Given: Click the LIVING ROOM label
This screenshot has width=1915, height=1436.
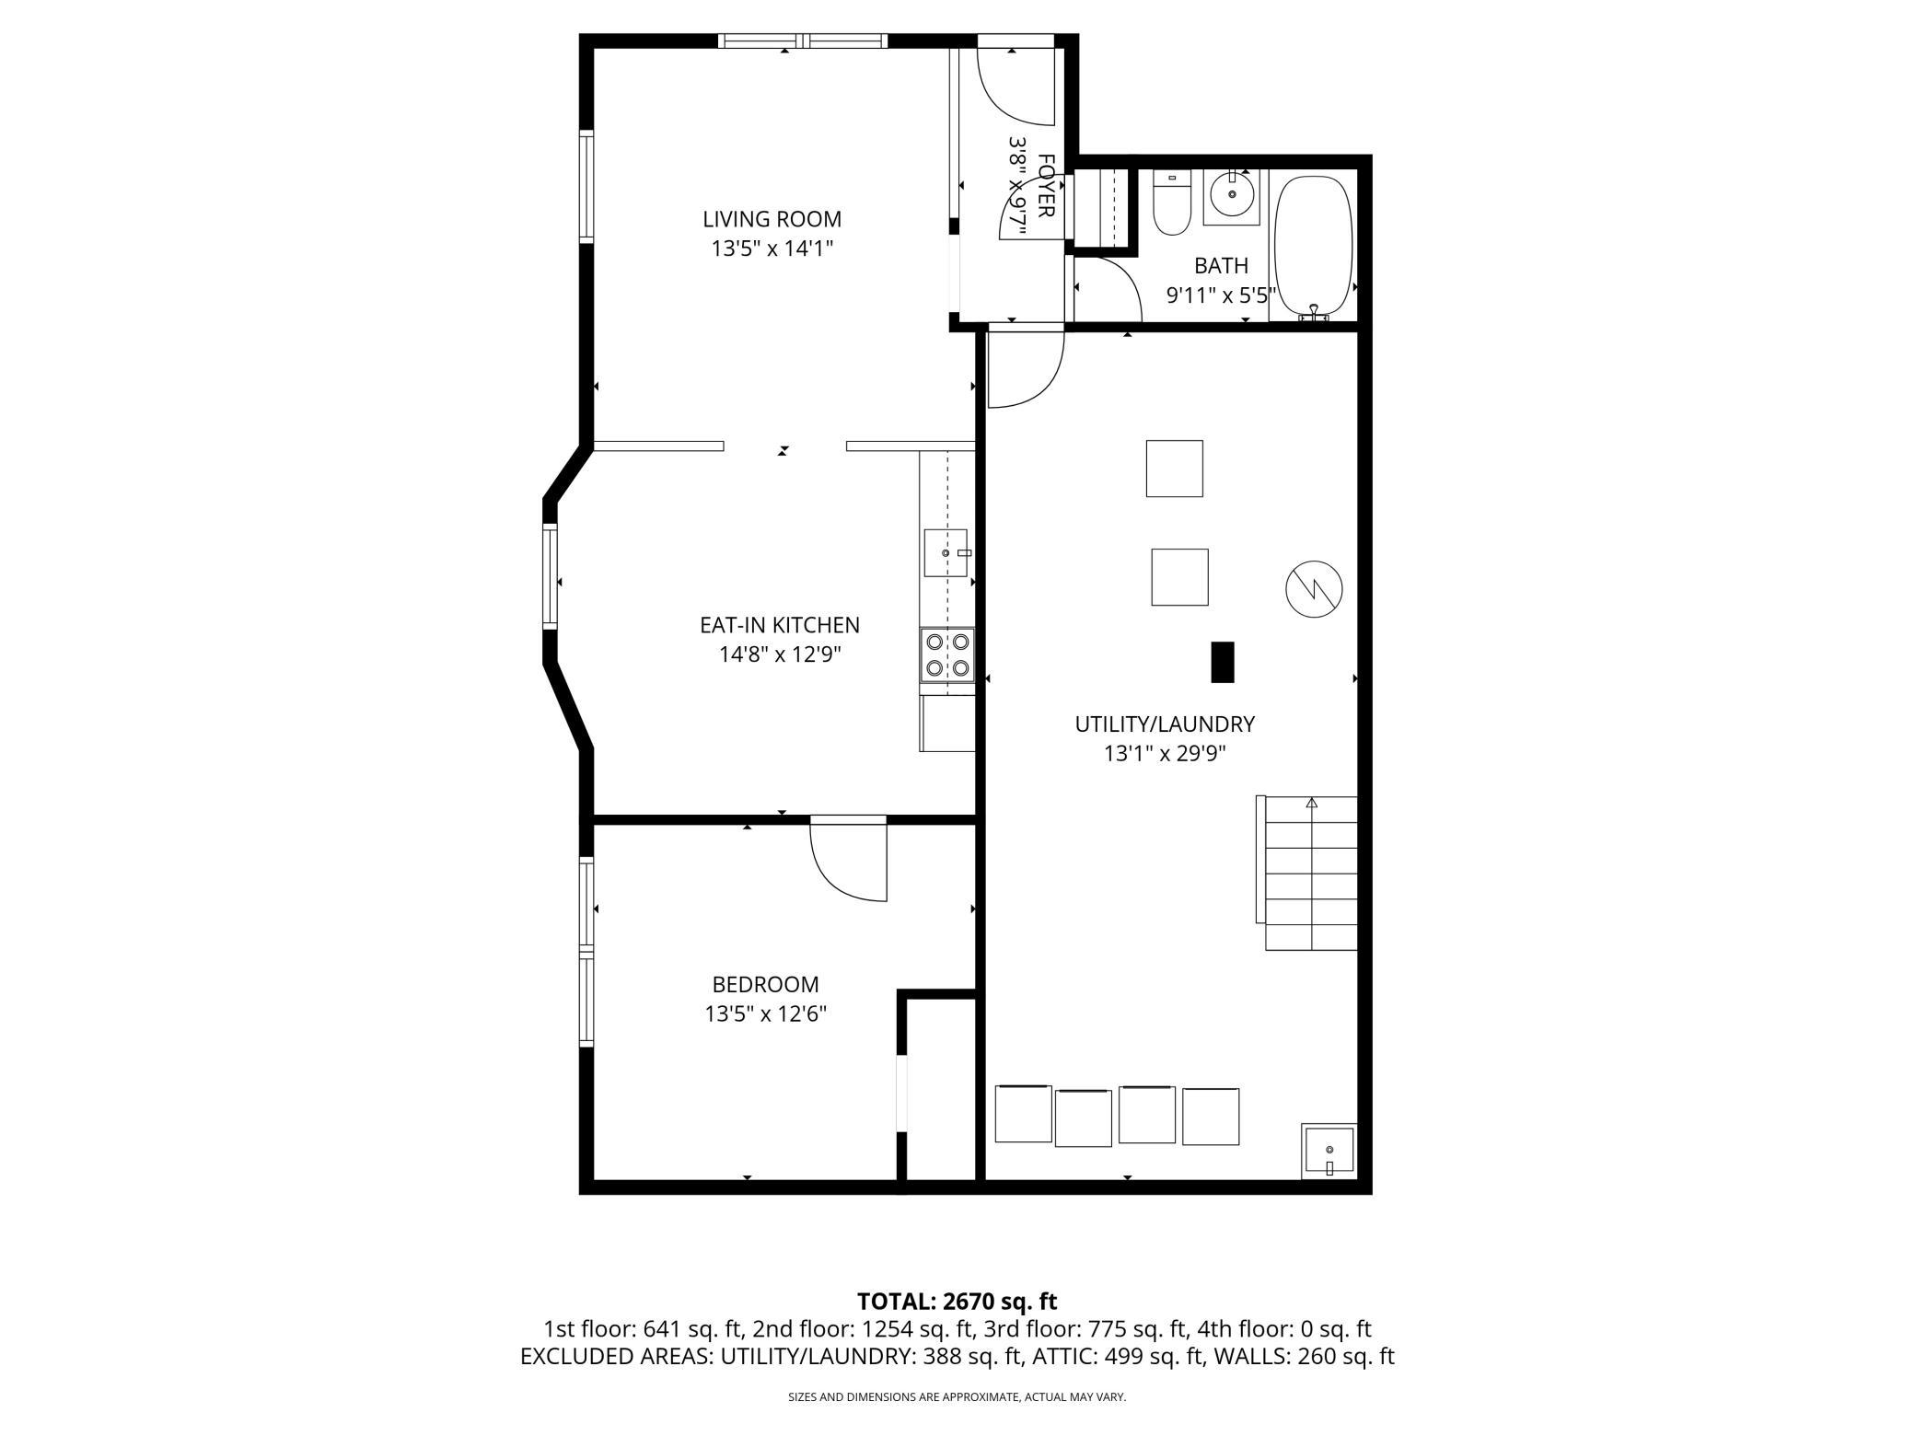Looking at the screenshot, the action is click(x=772, y=219).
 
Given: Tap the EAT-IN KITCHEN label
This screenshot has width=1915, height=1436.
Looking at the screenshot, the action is click(x=780, y=625).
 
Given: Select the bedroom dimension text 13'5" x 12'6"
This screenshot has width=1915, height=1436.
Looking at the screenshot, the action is click(x=766, y=1013).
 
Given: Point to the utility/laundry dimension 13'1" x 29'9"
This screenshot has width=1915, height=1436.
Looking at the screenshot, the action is click(x=1165, y=753).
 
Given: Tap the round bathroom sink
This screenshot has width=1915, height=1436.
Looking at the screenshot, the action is click(x=1232, y=194).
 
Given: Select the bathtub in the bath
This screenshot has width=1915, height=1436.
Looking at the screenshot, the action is click(x=1313, y=248).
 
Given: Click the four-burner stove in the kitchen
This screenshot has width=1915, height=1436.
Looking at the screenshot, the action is click(x=947, y=654).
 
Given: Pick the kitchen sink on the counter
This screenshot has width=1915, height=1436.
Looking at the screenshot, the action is click(x=946, y=552).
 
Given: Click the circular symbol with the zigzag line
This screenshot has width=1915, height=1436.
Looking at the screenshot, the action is click(x=1314, y=588).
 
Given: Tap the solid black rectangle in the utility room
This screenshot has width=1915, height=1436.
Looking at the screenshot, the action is click(x=1222, y=662).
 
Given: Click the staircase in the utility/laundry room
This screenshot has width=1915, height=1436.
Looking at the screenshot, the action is click(x=1308, y=873).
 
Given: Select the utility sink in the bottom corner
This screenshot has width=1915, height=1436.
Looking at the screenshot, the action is click(x=1329, y=1151).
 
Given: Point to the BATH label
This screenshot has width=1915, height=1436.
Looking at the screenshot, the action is click(x=1221, y=266).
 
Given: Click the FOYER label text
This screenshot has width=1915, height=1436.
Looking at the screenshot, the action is click(x=1046, y=186).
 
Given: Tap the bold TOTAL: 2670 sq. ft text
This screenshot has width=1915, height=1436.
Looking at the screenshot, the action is click(x=957, y=1302).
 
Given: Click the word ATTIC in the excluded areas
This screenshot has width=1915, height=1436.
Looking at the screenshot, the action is click(x=1061, y=1356).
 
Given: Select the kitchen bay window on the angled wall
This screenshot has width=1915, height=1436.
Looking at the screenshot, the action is click(x=550, y=576).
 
